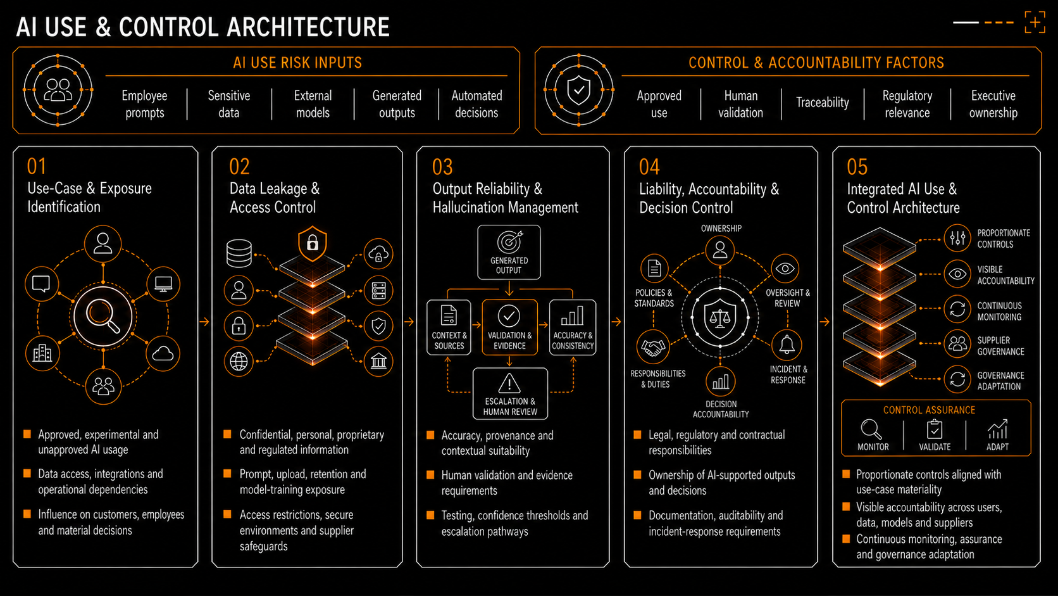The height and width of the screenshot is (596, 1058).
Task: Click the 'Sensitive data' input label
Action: [x=228, y=104]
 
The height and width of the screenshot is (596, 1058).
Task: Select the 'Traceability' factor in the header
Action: [x=823, y=102]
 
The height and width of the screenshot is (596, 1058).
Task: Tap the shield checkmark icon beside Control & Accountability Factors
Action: [x=578, y=91]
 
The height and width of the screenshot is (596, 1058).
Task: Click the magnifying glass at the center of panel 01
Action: [x=103, y=317]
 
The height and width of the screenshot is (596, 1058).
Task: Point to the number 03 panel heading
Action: [x=442, y=167]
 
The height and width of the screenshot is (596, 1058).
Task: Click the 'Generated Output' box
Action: [x=509, y=252]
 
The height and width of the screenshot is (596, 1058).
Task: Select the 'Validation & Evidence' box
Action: [x=509, y=327]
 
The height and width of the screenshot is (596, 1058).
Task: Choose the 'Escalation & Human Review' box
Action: [x=510, y=394]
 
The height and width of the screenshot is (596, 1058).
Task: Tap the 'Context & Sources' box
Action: [x=449, y=327]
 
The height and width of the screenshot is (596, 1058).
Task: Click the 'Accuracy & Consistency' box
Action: [x=573, y=327]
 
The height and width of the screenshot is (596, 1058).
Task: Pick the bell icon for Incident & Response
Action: [x=787, y=345]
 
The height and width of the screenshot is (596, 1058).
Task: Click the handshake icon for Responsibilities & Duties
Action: [x=653, y=347]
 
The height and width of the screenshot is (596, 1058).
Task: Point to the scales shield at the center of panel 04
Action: [x=720, y=318]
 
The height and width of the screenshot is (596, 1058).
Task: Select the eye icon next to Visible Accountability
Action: [x=957, y=274]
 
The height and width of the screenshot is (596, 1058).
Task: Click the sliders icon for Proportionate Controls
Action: [x=957, y=238]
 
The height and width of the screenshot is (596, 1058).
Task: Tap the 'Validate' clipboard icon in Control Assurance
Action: [x=934, y=429]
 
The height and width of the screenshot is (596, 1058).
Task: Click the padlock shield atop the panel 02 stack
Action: [x=312, y=243]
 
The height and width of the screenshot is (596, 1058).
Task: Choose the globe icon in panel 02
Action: [x=239, y=362]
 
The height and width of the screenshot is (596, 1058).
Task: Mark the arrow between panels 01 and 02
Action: [x=204, y=322]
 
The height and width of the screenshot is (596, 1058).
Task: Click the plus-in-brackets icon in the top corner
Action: [x=1035, y=22]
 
